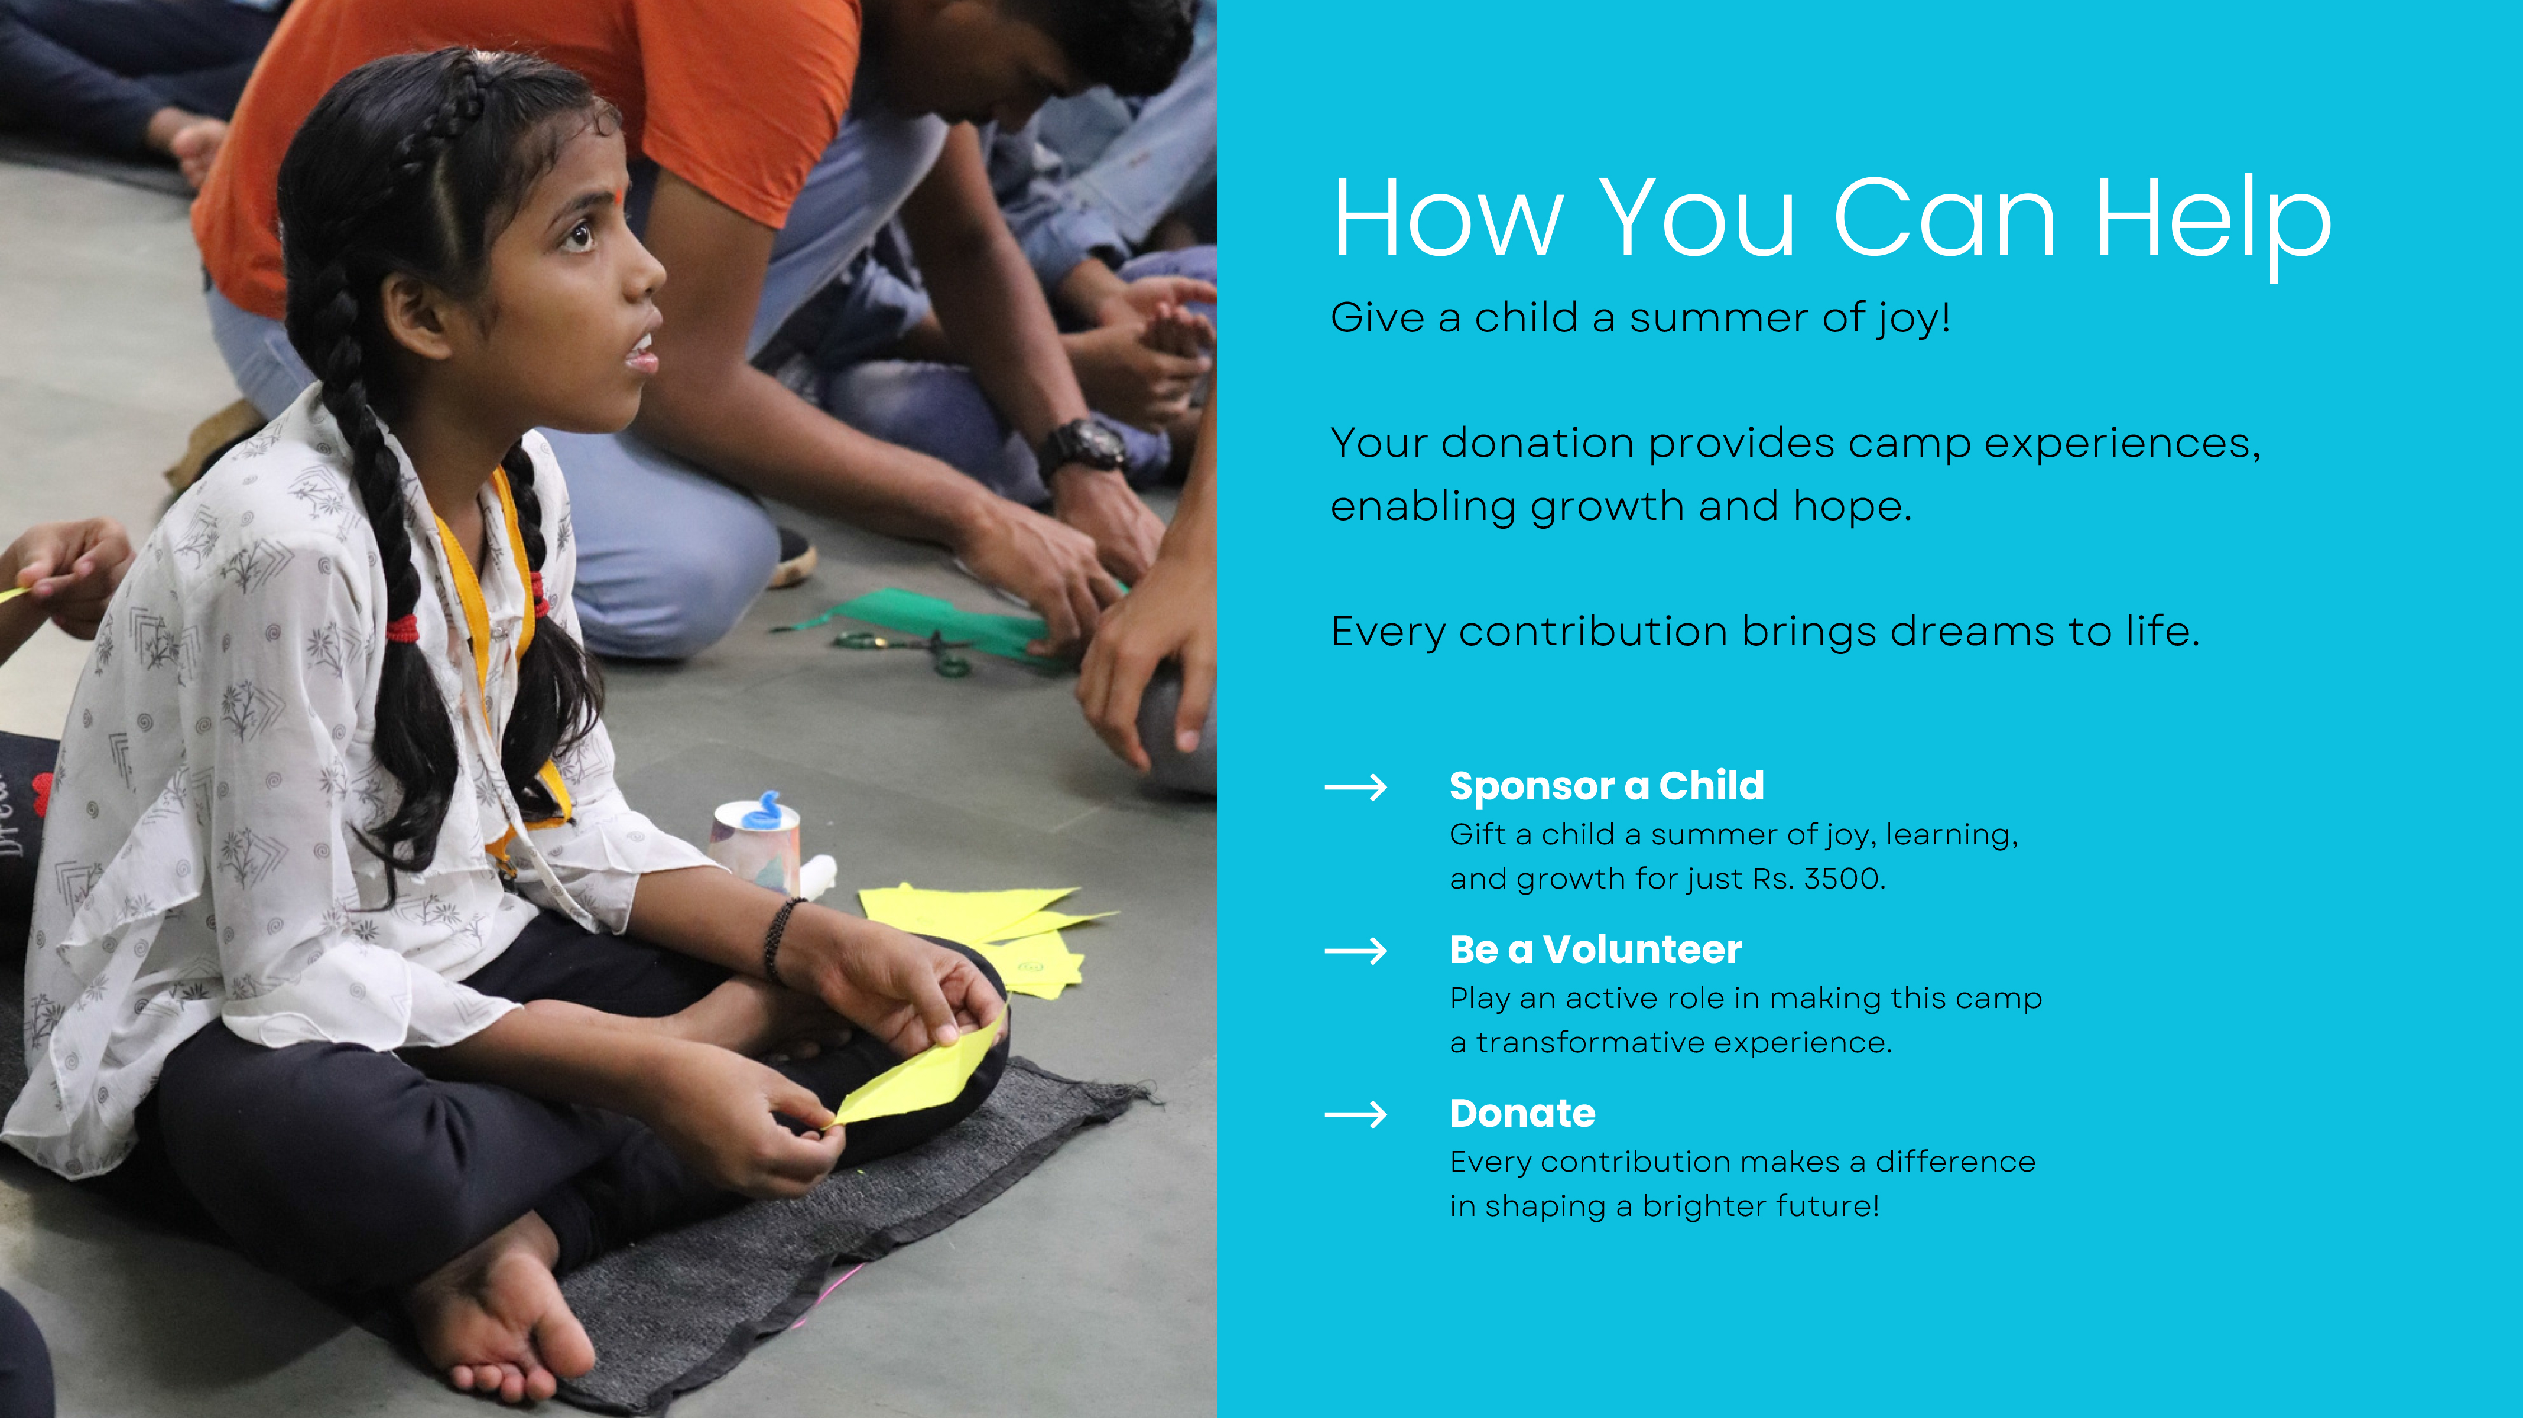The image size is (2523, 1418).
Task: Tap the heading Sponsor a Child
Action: [1606, 785]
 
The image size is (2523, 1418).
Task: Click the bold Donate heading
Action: [1522, 1114]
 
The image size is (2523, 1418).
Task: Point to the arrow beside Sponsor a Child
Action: [1356, 788]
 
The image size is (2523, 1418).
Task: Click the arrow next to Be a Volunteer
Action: [1356, 951]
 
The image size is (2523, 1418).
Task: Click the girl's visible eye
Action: [579, 235]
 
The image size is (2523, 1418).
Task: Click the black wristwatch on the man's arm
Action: [1085, 447]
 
